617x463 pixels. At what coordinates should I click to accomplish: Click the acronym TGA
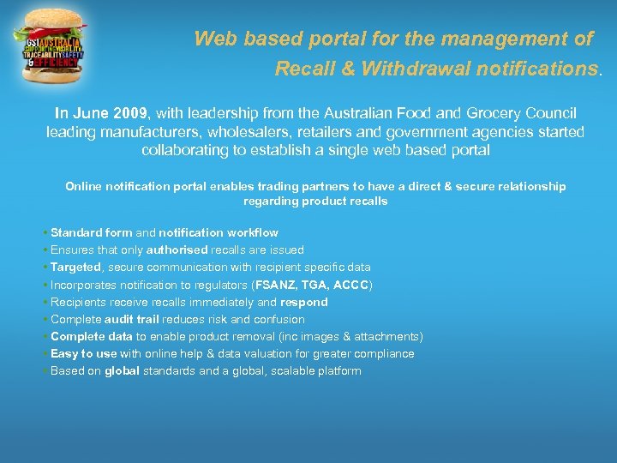[x=315, y=285]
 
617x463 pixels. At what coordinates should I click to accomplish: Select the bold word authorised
[x=177, y=250]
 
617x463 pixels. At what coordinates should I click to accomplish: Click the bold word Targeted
[x=75, y=268]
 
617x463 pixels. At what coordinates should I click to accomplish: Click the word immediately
[x=218, y=302]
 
